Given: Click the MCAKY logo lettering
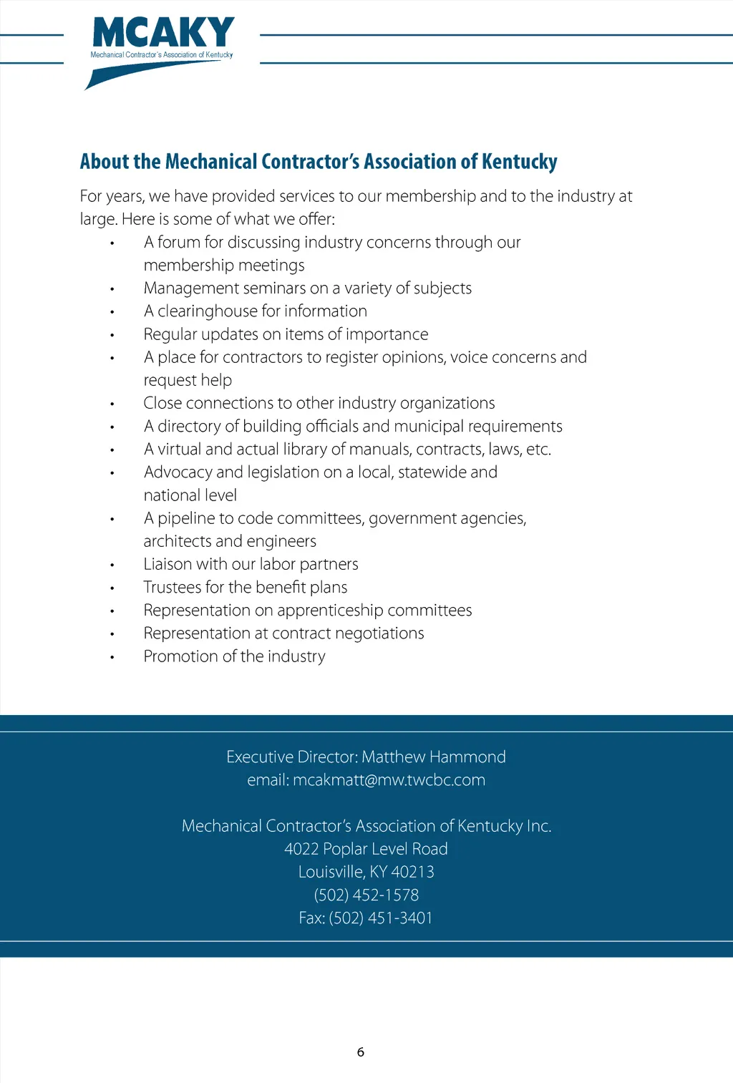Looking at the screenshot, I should [x=163, y=33].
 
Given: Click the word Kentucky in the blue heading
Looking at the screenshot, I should [x=519, y=162].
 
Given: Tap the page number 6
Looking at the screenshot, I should [x=361, y=1052].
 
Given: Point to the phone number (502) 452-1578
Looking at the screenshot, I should [x=366, y=895].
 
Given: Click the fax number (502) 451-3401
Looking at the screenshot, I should [x=381, y=918].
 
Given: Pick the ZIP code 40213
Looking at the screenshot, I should [x=413, y=872].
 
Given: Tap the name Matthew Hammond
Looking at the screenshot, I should [x=434, y=757].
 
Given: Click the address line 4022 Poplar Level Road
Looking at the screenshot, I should [x=366, y=849].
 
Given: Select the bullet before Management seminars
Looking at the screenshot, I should [x=112, y=289].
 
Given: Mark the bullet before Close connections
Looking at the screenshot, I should [x=112, y=404].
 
